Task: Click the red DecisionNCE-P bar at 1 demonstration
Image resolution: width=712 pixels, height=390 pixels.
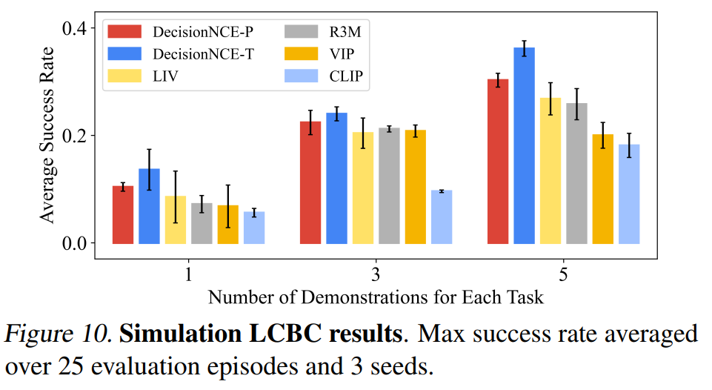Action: coord(123,215)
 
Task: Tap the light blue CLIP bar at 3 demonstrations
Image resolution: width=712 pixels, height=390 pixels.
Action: coord(442,217)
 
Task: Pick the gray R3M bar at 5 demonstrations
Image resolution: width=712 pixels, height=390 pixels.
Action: coord(576,173)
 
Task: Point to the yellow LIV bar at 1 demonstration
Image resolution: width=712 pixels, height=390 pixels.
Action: coord(176,219)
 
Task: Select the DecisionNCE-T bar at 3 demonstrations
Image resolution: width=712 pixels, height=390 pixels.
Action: coord(336,178)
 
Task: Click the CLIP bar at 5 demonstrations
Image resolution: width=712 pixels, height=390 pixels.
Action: coord(629,194)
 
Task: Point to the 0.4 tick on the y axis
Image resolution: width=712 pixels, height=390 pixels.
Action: coord(77,29)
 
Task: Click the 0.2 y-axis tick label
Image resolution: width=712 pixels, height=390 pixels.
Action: coord(77,136)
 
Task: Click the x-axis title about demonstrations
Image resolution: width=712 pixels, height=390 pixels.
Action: coord(376,297)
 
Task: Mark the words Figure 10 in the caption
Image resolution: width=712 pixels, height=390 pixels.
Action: coord(56,334)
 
